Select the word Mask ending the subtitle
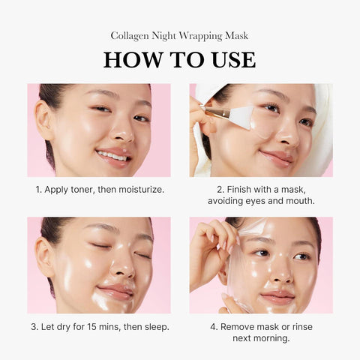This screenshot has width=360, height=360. tap(235, 35)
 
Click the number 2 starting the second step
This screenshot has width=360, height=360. tap(219, 189)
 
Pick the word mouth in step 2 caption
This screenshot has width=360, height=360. tap(298, 202)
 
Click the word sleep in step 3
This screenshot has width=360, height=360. tap(153, 326)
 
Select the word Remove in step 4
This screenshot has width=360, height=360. tap(238, 326)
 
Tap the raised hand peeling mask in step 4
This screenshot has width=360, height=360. tap(205, 255)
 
